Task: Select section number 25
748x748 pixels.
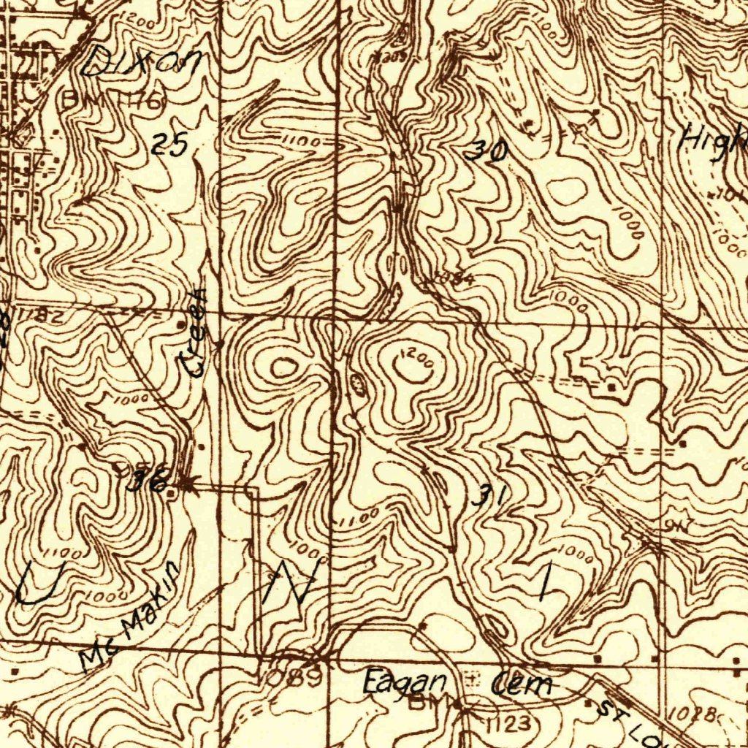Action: (x=170, y=145)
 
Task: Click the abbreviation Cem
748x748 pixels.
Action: (x=521, y=684)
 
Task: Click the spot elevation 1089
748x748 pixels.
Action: (x=294, y=677)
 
